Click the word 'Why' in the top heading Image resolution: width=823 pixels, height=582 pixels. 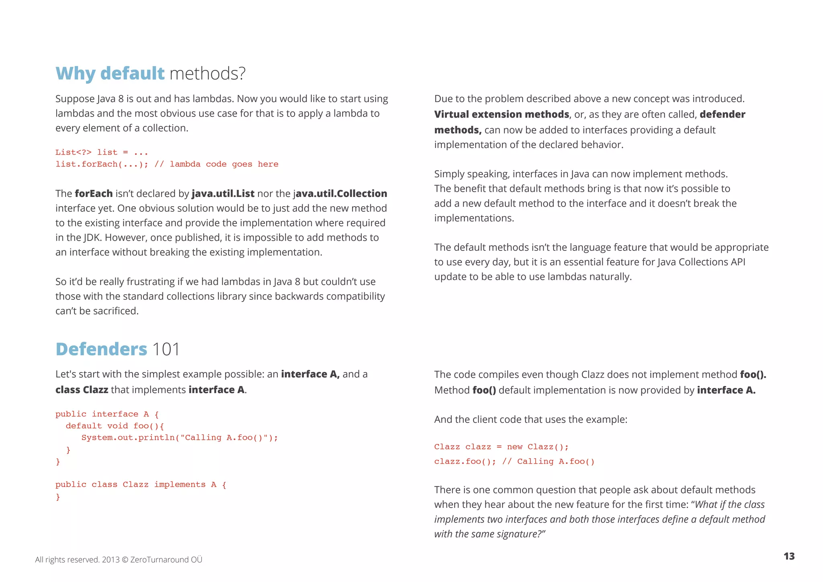[75, 74]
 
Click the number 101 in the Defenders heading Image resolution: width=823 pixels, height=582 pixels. [166, 349]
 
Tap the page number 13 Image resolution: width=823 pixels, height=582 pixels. [789, 556]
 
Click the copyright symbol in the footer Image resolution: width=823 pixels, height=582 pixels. [125, 559]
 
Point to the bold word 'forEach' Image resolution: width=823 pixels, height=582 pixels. [94, 193]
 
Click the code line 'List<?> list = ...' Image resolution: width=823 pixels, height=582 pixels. [102, 152]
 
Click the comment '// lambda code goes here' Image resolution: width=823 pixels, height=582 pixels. [216, 164]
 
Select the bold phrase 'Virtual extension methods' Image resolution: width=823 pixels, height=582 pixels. [502, 114]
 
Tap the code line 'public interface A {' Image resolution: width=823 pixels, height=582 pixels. [107, 414]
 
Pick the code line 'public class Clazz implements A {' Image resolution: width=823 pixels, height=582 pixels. [141, 484]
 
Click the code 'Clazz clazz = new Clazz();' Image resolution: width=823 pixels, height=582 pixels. [501, 447]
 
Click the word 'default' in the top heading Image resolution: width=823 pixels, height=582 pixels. [132, 74]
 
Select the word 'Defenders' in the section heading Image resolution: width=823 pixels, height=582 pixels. [101, 349]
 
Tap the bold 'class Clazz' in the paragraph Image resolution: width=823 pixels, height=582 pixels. [82, 389]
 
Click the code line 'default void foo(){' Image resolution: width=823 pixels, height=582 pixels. [115, 426]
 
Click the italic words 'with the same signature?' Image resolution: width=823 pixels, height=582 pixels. [489, 534]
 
